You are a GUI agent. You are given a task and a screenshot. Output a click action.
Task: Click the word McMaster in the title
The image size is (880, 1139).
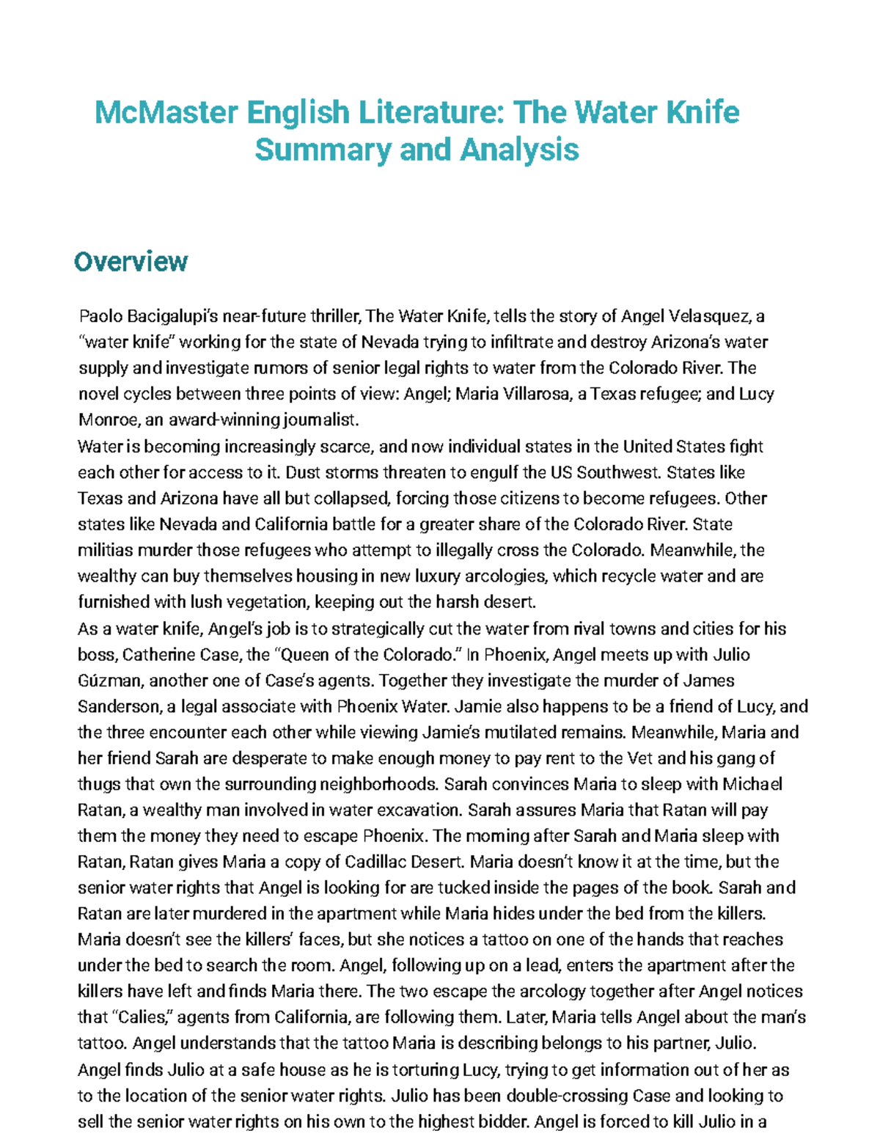[x=166, y=112]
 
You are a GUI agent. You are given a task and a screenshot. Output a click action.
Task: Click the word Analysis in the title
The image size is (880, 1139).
[x=519, y=150]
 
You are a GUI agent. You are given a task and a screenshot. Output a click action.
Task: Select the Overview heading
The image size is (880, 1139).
[x=131, y=262]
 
